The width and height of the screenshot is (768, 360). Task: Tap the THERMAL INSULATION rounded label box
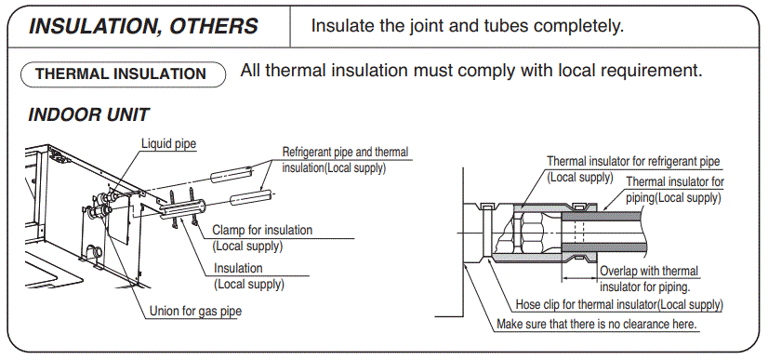tap(121, 73)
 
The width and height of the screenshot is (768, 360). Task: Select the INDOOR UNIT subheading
tap(89, 115)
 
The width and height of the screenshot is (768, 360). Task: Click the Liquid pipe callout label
tap(168, 143)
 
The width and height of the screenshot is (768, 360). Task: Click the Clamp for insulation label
tap(262, 230)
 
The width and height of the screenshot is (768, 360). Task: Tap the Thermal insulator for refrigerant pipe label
tap(632, 162)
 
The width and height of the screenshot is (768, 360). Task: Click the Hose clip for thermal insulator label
tap(619, 305)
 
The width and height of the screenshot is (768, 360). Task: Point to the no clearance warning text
tap(597, 325)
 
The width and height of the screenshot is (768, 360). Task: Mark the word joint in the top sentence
tap(427, 25)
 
